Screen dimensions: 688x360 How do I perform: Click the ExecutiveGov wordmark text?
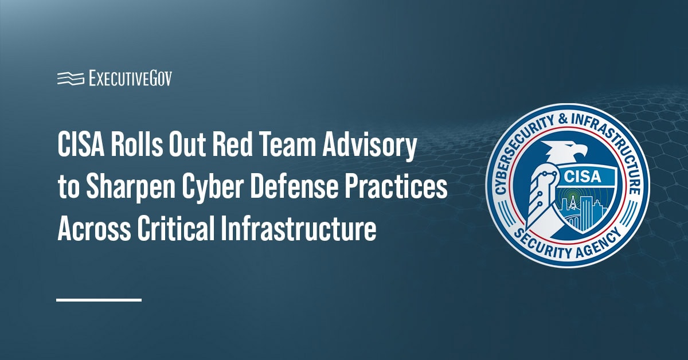pos(131,79)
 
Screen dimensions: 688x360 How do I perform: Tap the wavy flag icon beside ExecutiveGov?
pos(71,79)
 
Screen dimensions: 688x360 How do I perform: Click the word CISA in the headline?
pos(80,145)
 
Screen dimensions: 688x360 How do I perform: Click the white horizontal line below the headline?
pos(99,299)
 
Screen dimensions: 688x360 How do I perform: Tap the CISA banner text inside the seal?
pos(582,177)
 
